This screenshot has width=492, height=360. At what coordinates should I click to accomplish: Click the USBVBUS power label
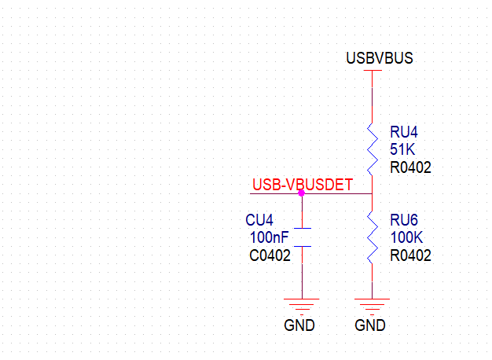pyautogui.click(x=379, y=59)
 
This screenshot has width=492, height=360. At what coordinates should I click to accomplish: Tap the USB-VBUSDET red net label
pyautogui.click(x=302, y=186)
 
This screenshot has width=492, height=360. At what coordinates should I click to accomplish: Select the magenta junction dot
pyautogui.click(x=302, y=193)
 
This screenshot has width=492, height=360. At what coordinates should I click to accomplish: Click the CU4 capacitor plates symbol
pyautogui.click(x=302, y=237)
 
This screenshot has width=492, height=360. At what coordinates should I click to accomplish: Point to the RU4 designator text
pyautogui.click(x=405, y=132)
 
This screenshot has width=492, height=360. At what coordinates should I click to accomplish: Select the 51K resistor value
pyautogui.click(x=402, y=149)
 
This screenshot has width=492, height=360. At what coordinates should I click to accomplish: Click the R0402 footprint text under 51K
pyautogui.click(x=410, y=167)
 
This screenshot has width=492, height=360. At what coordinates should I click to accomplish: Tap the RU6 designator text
pyautogui.click(x=405, y=220)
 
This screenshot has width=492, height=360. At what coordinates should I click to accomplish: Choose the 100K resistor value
pyautogui.click(x=406, y=237)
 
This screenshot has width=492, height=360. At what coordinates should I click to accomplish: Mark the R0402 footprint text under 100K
pyautogui.click(x=410, y=255)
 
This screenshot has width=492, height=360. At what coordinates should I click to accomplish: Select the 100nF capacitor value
pyautogui.click(x=270, y=237)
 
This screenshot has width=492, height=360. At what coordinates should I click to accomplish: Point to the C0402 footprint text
pyautogui.click(x=270, y=255)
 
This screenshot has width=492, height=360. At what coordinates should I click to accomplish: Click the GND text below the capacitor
pyautogui.click(x=299, y=325)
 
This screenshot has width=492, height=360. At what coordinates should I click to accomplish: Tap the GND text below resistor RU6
pyautogui.click(x=370, y=325)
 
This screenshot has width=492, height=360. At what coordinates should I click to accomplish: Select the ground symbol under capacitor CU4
pyautogui.click(x=302, y=304)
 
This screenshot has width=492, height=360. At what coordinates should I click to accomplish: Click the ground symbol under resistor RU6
pyautogui.click(x=371, y=304)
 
